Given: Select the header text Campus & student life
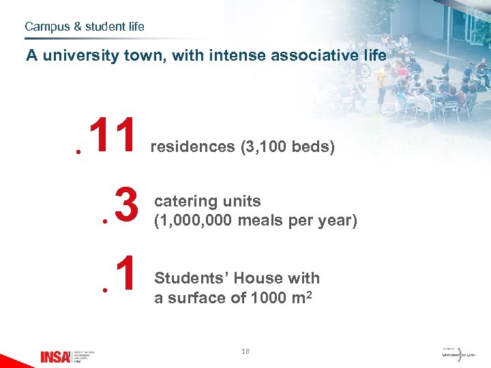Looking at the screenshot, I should (x=85, y=27).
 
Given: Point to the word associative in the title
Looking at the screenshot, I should (x=310, y=55).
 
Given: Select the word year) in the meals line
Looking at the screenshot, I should (x=338, y=221).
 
